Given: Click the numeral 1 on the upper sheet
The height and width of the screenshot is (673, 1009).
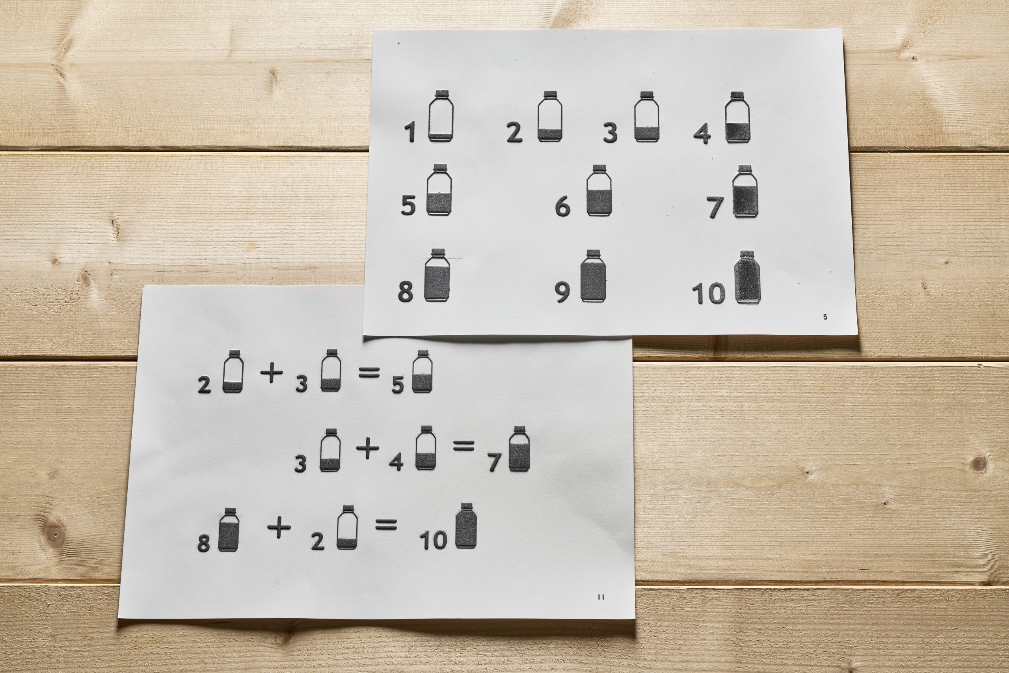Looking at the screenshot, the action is coord(411,132).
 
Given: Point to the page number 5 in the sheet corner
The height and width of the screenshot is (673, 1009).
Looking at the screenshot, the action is coord(825,317).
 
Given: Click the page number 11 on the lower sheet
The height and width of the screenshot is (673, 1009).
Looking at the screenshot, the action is coord(601,597).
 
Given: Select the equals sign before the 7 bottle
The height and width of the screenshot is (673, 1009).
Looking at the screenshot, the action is coord(464,447).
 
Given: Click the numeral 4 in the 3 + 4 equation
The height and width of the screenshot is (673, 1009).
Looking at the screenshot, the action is coord(396,462).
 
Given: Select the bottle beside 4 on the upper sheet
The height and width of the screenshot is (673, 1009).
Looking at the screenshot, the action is coord(738,117).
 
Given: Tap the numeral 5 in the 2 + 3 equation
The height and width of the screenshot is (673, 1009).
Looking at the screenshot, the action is coord(398,385).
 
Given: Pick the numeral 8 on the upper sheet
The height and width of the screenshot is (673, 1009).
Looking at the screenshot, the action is coord(406,291).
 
